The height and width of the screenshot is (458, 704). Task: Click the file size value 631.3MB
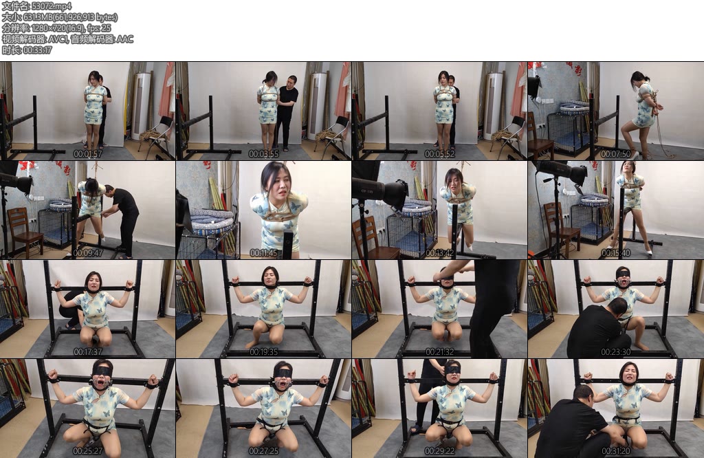pyautogui.click(x=39, y=17)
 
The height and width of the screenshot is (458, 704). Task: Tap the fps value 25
pyautogui.click(x=106, y=28)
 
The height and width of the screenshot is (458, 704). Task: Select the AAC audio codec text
pyautogui.click(x=125, y=39)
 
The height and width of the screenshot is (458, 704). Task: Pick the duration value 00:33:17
pyautogui.click(x=37, y=50)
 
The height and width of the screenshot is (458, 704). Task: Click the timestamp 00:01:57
pyautogui.click(x=87, y=154)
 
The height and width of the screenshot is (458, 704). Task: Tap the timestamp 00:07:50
pyautogui.click(x=615, y=154)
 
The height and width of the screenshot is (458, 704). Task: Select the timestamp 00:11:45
pyautogui.click(x=263, y=253)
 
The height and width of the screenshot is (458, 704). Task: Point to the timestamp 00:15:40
pyautogui.click(x=615, y=253)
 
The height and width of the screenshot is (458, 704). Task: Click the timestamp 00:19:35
pyautogui.click(x=263, y=352)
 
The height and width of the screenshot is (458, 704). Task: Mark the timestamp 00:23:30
pyautogui.click(x=615, y=352)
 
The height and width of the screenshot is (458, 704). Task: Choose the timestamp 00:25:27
pyautogui.click(x=87, y=451)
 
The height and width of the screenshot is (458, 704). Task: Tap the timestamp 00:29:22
pyautogui.click(x=439, y=451)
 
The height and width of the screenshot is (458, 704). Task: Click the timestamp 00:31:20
pyautogui.click(x=615, y=451)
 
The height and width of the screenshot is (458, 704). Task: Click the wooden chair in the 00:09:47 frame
pyautogui.click(x=24, y=231)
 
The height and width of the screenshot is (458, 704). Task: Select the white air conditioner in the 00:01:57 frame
pyautogui.click(x=142, y=107)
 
